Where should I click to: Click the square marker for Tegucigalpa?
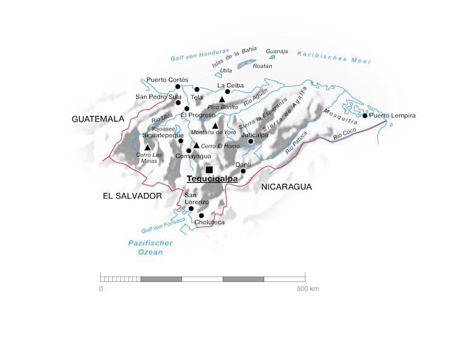pos(209,169)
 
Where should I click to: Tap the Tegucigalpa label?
pos(212,179)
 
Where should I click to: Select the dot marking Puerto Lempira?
pos(365,115)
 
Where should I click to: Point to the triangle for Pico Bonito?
pos(222,99)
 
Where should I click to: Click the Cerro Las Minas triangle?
pos(148,147)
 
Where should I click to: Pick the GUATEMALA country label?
pos(98,119)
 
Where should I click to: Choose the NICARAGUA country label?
pos(286,187)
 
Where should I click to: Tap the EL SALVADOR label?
pos(132,196)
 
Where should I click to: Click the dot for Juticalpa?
pos(250,141)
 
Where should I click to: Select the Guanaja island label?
pos(276,51)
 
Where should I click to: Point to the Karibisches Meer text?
pos(334,58)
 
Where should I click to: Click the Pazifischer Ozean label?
pos(151,247)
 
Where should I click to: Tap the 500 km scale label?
pos(307,289)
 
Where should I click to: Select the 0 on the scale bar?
pos(101,289)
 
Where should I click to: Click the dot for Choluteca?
pos(201,216)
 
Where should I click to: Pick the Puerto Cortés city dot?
pos(178,87)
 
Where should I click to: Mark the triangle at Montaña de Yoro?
pos(215,125)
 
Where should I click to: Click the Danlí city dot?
pos(243,171)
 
